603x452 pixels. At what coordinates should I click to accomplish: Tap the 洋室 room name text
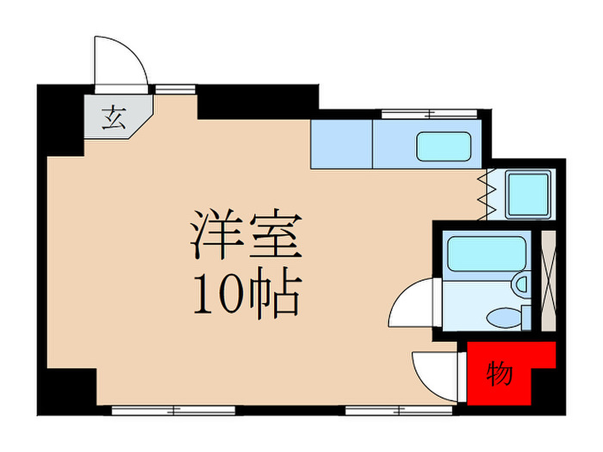[x=246, y=234]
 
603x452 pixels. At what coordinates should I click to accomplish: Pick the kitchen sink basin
[x=444, y=146]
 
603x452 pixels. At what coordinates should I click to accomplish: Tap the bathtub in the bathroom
[x=487, y=254]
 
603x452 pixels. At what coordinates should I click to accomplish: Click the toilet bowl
[x=504, y=318]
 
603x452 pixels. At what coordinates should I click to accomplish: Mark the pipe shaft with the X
[x=548, y=281]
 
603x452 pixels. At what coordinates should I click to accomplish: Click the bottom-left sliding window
[x=174, y=411]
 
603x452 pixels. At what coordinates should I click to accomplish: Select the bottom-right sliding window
[x=399, y=411]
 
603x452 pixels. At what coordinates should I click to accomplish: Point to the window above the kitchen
[x=430, y=114]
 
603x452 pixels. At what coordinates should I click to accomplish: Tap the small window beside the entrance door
[x=175, y=90]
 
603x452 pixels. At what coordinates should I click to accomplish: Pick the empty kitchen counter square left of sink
[x=342, y=144]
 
